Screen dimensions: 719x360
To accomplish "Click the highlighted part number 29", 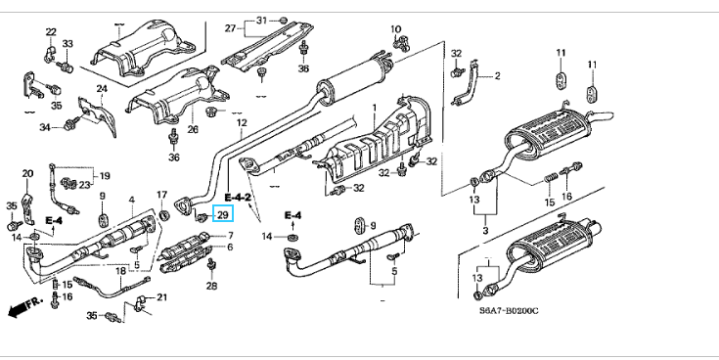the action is [223, 213].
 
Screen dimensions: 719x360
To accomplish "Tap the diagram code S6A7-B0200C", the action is [509, 311].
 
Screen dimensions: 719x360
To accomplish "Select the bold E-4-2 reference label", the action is [238, 198].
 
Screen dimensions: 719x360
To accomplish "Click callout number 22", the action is [51, 32].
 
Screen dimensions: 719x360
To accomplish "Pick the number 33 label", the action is [67, 44].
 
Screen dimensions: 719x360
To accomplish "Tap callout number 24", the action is [102, 88].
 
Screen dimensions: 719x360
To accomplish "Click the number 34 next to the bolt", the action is [44, 127].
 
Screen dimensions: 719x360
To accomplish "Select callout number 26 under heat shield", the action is [193, 130].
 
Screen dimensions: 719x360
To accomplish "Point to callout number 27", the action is [230, 28].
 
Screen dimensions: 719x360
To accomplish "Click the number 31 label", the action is [261, 21].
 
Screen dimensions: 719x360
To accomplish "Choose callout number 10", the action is [396, 29].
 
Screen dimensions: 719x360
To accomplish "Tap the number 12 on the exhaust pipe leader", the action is [242, 123].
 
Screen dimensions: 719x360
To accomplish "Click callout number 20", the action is [27, 173].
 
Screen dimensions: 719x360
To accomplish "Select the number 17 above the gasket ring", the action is [161, 195].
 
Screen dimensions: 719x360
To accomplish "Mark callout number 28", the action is [211, 287].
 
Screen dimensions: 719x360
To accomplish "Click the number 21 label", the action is [162, 297].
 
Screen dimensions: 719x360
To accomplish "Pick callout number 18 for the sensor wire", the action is [120, 272].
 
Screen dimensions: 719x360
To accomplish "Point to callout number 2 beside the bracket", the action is [498, 76].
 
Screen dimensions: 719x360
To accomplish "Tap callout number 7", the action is [230, 236].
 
